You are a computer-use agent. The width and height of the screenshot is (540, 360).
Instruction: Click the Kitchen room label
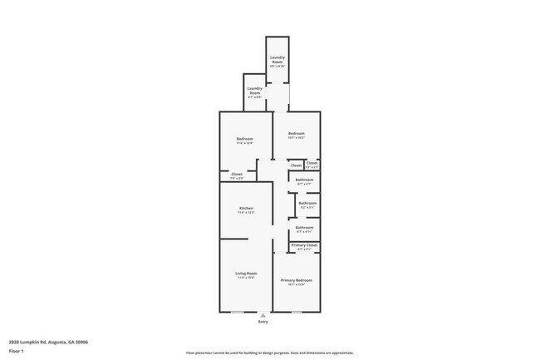(246, 209)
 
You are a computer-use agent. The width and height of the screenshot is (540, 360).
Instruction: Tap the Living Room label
(246, 274)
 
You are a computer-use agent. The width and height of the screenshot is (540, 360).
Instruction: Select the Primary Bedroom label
(296, 281)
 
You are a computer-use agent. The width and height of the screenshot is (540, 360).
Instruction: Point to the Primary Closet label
(304, 246)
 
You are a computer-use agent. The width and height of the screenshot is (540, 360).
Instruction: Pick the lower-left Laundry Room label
(254, 90)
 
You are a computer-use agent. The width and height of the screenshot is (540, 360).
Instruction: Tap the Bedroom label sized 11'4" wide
(244, 139)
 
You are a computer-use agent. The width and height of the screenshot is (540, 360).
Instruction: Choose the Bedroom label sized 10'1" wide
(297, 135)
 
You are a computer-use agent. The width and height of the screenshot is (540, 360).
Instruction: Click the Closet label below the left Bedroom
(237, 175)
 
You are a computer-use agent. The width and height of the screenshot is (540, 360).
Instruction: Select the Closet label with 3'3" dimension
(312, 164)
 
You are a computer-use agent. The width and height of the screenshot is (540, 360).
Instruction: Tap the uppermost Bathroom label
(305, 180)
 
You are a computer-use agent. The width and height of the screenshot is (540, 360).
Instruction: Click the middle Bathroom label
(308, 204)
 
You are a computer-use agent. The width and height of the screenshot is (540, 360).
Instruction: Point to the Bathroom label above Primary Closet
(305, 228)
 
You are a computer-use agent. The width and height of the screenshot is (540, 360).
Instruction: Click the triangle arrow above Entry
(263, 316)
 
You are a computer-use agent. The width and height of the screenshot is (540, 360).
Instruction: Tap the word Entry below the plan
(263, 322)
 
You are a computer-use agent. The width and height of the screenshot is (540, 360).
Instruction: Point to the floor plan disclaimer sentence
(270, 353)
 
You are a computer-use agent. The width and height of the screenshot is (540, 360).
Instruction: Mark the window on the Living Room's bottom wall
(238, 312)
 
